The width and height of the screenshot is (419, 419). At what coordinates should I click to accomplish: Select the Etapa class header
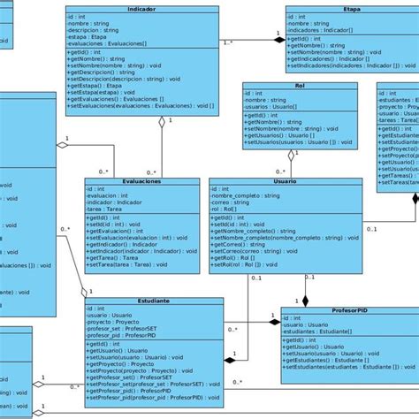(x=327, y=9)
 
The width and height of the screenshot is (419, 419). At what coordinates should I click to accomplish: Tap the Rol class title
(x=301, y=87)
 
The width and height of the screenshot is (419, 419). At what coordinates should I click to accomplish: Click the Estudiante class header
(x=155, y=301)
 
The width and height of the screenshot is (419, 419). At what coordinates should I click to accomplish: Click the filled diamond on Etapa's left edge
(x=280, y=38)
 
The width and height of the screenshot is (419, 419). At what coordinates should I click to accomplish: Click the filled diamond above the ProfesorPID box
(x=306, y=301)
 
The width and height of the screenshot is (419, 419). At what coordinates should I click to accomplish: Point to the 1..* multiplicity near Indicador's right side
(x=228, y=42)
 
